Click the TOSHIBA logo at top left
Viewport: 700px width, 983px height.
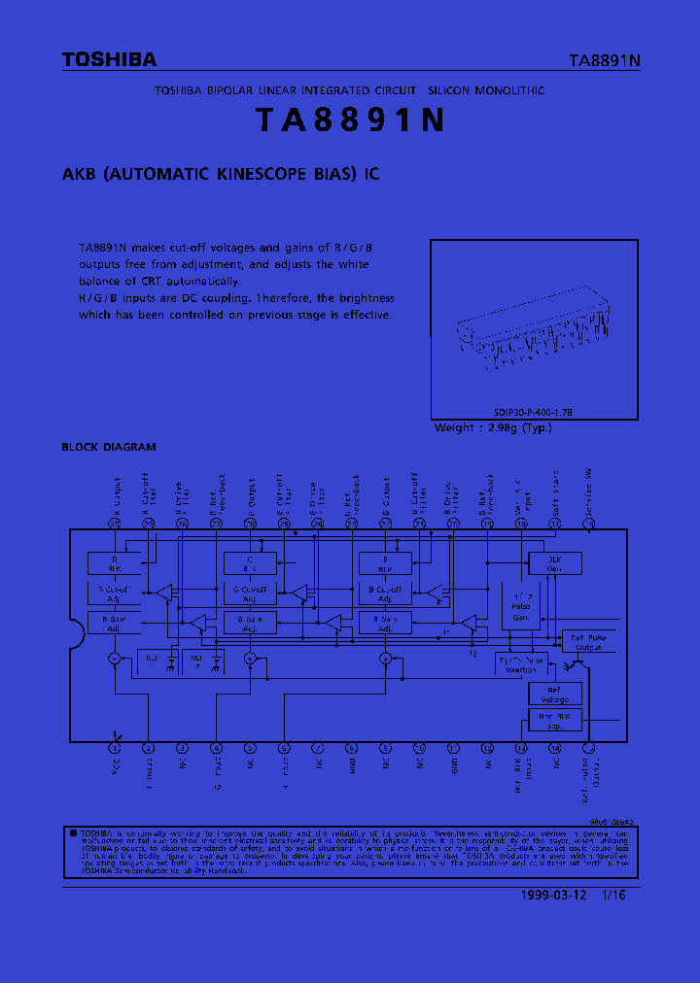109,60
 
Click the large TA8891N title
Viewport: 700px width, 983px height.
350,119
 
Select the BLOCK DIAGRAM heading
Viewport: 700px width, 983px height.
109,447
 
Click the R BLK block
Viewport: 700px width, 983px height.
114,563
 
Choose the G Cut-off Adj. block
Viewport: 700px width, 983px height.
250,593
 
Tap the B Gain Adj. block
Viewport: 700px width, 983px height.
385,623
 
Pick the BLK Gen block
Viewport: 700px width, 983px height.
553,563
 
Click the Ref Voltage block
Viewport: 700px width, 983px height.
554,694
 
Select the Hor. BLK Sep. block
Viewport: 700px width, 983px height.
554,720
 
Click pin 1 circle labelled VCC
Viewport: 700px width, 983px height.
115,748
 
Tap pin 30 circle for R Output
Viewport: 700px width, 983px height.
115,524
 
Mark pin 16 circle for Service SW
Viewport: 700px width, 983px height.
588,524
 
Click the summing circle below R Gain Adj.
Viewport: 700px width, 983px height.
115,659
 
